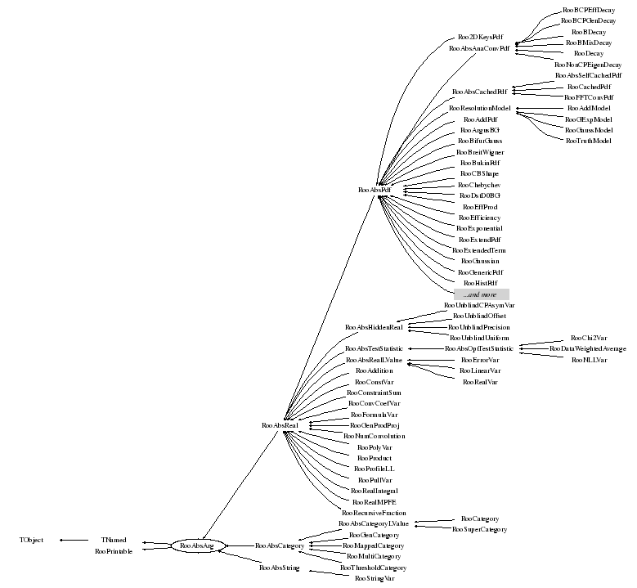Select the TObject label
coord(31,540)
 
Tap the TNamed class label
coord(114,540)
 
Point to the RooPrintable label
coord(113,550)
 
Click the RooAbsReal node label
coord(279,425)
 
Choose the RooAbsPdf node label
coord(375,190)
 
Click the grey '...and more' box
coord(482,294)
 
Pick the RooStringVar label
coord(374,578)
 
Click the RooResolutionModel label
coord(480,108)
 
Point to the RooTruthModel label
coord(588,141)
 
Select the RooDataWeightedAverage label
coord(588,348)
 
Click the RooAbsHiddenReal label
coord(374,327)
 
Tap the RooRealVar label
coord(480,382)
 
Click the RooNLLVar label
coord(588,360)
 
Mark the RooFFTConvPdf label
coord(589,97)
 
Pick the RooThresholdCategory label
coord(373,567)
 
